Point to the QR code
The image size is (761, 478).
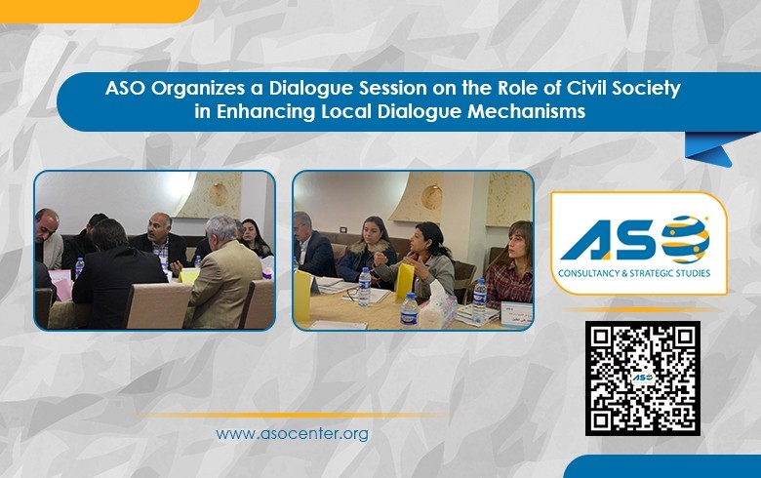(642, 378)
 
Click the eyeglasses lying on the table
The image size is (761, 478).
(353, 292)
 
